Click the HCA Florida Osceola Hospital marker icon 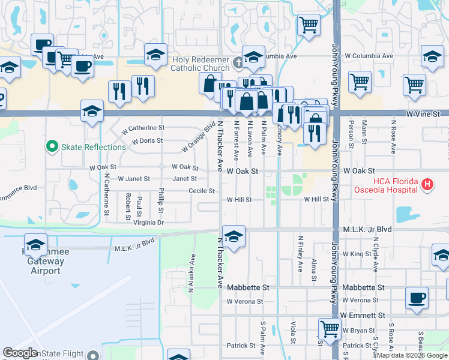[x=427, y=184]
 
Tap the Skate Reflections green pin [x=52, y=146]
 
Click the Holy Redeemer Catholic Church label [x=201, y=64]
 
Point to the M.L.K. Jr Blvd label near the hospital [x=367, y=229]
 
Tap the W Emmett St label [x=362, y=314]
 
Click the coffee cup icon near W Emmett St [x=417, y=298]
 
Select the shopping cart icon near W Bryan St [x=330, y=328]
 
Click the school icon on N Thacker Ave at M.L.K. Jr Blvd [x=234, y=235]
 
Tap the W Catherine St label [x=143, y=128]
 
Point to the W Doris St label [x=143, y=141]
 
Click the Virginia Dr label [x=143, y=222]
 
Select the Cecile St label [x=202, y=191]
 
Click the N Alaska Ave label [x=191, y=272]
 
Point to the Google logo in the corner [x=20, y=353]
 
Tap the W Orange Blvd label [x=199, y=137]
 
